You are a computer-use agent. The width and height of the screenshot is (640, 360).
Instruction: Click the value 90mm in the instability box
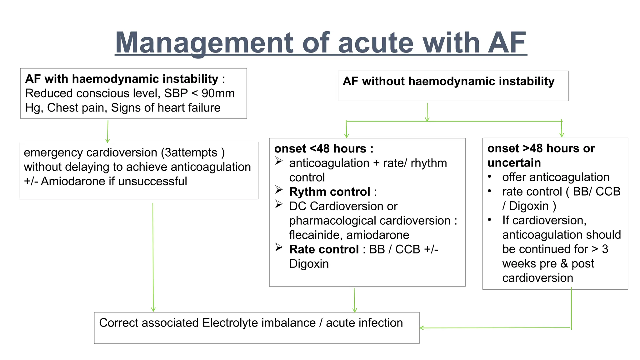[x=218, y=93]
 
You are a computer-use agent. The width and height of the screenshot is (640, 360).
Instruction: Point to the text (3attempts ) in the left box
[x=193, y=152]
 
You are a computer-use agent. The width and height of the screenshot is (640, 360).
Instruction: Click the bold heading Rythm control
[x=329, y=192]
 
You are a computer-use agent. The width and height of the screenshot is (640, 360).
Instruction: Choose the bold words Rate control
[x=324, y=249]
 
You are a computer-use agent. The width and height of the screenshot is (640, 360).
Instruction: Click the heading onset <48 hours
[x=323, y=149]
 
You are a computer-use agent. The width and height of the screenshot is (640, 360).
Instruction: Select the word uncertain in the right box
[x=514, y=163]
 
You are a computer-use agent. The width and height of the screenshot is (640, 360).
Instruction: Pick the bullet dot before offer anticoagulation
[x=490, y=177]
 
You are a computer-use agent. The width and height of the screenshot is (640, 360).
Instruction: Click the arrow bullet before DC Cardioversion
[x=279, y=204]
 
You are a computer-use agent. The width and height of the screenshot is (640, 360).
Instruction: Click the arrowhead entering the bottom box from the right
[x=422, y=328]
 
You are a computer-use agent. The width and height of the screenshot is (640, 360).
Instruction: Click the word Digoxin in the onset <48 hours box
[x=309, y=264]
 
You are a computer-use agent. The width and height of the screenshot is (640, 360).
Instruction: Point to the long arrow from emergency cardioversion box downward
[x=153, y=256]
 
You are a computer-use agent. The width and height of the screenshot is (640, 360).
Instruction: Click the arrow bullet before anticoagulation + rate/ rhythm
[x=279, y=161]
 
